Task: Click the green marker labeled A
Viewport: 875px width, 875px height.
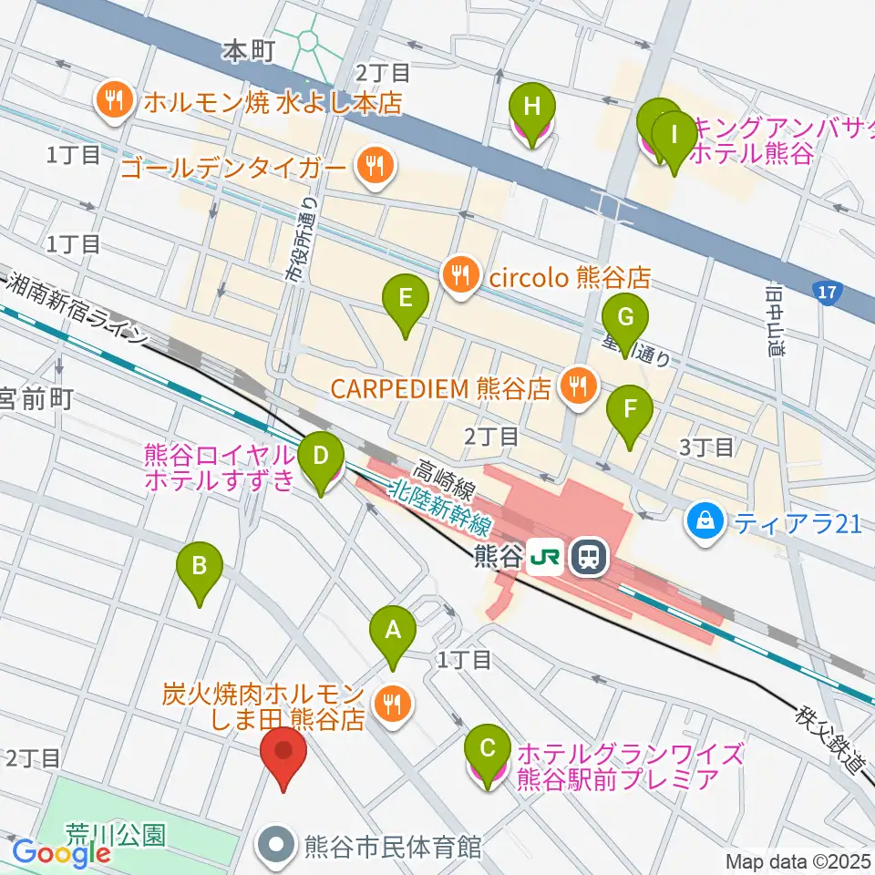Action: point(393,630)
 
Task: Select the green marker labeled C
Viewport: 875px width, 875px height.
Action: point(488,749)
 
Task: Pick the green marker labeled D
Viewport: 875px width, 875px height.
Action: point(320,455)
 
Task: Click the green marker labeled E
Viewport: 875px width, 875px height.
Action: point(406,297)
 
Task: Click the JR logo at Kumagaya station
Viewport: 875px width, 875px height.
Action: point(547,555)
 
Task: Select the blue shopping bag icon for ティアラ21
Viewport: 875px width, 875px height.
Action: point(705,523)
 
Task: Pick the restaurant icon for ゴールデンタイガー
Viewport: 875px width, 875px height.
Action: point(373,166)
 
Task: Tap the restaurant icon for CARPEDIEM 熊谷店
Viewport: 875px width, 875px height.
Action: point(576,386)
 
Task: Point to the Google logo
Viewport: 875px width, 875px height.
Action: point(61,853)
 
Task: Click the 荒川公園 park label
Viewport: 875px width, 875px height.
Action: point(115,832)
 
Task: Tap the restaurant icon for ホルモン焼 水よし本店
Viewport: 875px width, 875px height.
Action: point(115,102)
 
